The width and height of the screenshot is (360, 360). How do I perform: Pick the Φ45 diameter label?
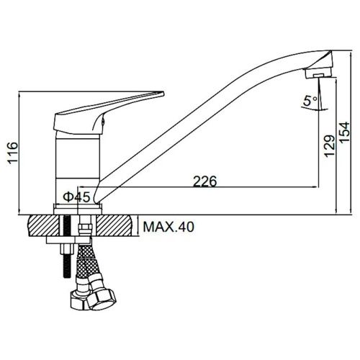click(75, 197)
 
